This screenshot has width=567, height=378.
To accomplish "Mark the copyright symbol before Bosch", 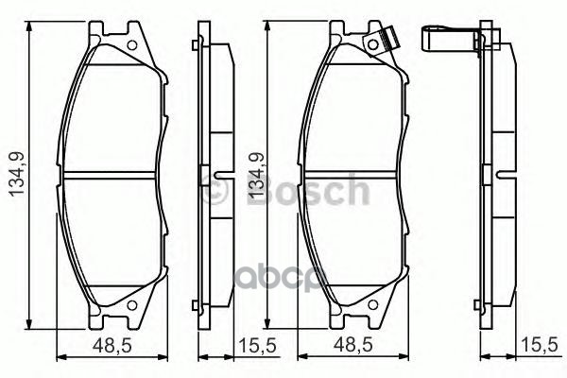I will pyautogui.click(x=214, y=191).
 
